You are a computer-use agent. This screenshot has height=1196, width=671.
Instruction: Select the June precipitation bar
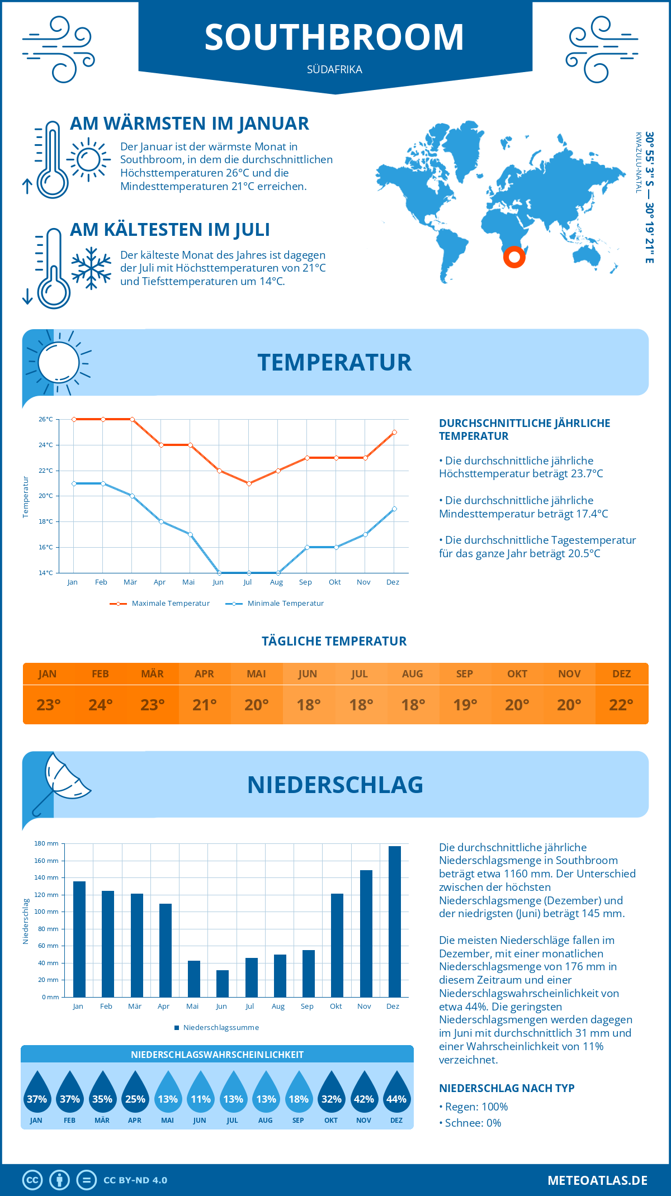(x=223, y=983)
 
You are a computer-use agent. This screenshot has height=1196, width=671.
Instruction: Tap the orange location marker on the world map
(x=514, y=258)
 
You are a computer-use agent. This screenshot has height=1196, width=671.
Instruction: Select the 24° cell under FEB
(x=101, y=705)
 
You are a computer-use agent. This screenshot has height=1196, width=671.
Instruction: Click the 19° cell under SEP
(x=465, y=705)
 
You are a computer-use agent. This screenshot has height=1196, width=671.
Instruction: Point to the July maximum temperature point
(x=249, y=483)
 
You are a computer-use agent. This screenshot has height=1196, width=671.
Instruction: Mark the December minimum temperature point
(x=394, y=509)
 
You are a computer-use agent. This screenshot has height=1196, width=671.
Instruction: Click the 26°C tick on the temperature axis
(x=46, y=419)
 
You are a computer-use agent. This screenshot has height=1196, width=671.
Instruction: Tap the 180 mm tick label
(x=46, y=843)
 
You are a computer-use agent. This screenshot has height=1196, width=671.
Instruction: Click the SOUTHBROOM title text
(x=334, y=37)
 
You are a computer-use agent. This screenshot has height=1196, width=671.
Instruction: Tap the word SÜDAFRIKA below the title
(x=334, y=70)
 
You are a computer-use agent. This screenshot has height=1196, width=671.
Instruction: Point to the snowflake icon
(x=91, y=268)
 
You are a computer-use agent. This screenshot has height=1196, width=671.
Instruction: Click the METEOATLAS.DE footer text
(x=597, y=1180)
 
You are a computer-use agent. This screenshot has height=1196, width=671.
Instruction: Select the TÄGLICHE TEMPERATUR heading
(x=334, y=642)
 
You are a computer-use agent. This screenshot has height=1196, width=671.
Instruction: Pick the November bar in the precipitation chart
(x=366, y=933)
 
